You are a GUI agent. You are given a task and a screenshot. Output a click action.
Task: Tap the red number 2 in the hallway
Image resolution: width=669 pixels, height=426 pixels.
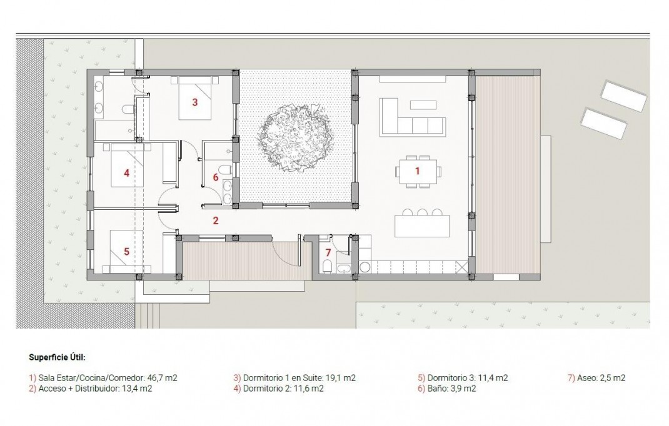215,220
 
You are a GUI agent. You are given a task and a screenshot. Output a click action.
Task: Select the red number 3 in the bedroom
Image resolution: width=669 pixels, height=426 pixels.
194,102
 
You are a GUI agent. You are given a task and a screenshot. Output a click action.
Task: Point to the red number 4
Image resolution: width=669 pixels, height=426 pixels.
126,173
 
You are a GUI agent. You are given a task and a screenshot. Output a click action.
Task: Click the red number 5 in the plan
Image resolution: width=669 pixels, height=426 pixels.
126,252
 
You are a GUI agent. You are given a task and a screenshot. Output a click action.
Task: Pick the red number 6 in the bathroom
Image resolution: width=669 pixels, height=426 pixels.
216,177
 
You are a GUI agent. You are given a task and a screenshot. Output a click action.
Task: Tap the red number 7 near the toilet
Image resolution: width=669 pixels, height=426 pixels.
328,253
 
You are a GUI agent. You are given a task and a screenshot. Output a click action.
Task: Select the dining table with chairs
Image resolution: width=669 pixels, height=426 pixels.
418,171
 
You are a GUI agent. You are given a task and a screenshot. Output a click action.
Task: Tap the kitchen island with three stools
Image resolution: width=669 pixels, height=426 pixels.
422,225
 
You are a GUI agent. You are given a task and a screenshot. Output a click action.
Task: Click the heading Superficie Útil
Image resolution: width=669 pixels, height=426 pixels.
57,358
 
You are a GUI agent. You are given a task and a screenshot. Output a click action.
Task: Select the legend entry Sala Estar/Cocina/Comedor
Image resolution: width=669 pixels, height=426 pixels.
103,378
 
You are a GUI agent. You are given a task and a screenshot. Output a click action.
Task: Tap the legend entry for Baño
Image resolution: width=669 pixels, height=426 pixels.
447,389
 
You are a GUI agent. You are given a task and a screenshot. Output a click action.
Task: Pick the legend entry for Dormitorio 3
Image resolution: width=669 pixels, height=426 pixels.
463,378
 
